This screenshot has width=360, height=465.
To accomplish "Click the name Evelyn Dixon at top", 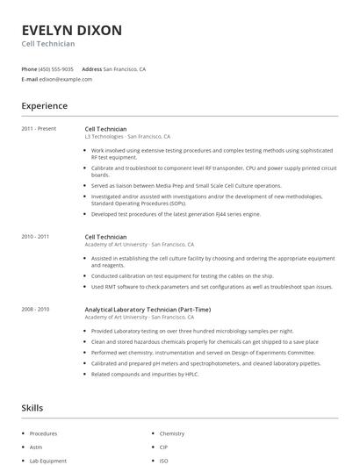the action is click(x=72, y=30).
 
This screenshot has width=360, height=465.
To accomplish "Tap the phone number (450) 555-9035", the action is click(x=57, y=68).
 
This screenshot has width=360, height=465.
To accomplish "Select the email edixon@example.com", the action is click(x=66, y=79).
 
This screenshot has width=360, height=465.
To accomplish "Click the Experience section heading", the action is click(x=44, y=106).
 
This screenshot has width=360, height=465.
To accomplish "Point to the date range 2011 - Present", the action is click(x=40, y=129).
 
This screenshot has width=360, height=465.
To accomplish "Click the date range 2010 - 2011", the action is click(x=35, y=236).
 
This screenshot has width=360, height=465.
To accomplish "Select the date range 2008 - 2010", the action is click(x=35, y=309).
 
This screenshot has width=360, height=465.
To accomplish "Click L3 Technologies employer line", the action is click(x=127, y=137).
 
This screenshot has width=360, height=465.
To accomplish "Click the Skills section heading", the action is click(x=32, y=408).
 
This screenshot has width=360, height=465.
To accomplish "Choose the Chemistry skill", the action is click(x=172, y=433).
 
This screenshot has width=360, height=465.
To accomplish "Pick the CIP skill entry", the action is click(x=164, y=447).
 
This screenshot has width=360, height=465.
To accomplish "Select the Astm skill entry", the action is click(x=37, y=447).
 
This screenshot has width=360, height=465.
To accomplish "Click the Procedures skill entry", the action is click(x=43, y=433).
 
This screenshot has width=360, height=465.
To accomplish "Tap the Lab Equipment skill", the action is click(x=48, y=460).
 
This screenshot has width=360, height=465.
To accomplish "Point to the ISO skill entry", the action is click(x=164, y=460).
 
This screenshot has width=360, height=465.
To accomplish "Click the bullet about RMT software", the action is click(x=211, y=286).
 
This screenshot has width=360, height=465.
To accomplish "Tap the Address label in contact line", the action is click(x=91, y=68).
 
